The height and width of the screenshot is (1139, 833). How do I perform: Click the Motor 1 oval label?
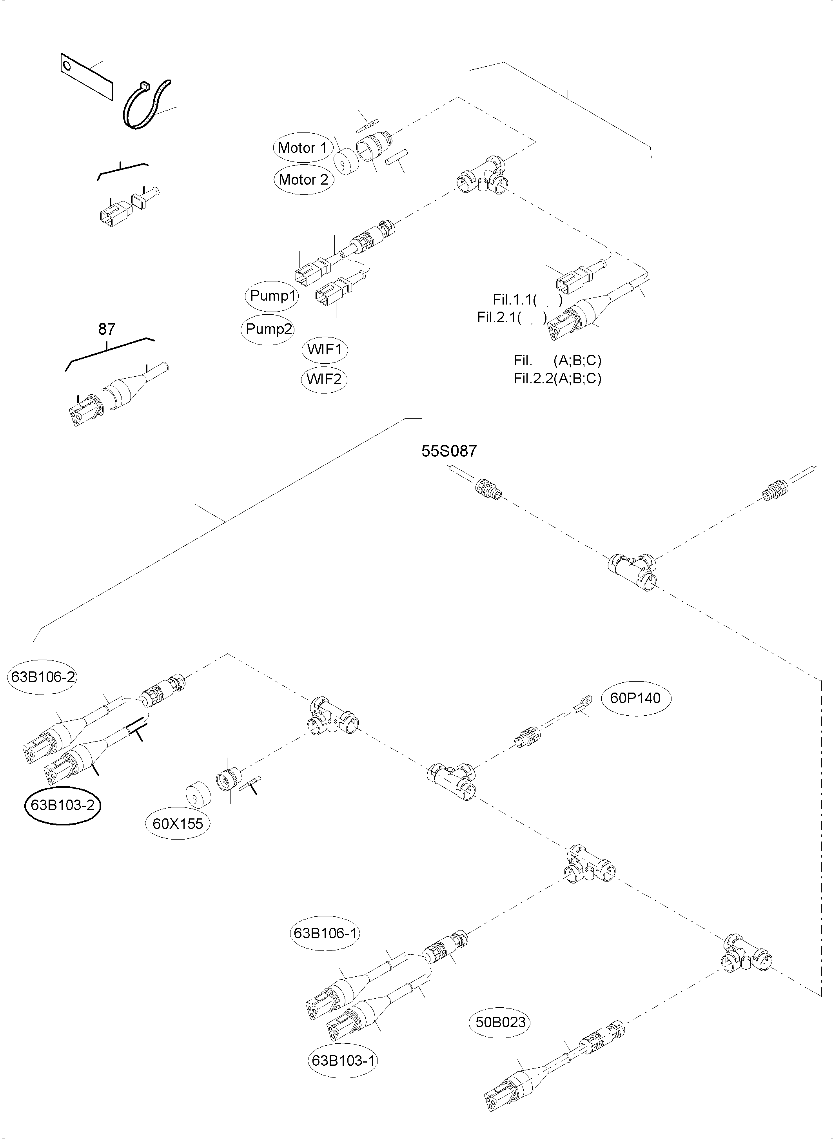[303, 148]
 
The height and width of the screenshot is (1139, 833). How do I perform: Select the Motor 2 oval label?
[303, 180]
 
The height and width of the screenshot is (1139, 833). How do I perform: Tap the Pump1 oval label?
[272, 296]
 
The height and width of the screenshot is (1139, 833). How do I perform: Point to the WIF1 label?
[324, 349]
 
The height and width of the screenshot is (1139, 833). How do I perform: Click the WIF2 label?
[324, 379]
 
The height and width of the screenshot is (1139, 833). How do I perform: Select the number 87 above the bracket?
[106, 329]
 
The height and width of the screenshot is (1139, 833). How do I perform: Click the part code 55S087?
[449, 451]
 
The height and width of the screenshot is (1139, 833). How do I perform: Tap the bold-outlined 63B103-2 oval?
[63, 805]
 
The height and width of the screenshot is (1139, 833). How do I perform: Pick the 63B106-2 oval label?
[43, 677]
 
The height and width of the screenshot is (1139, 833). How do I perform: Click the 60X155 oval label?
[178, 824]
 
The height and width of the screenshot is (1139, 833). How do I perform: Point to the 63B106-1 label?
[325, 933]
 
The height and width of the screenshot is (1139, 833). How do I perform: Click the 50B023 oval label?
[501, 1022]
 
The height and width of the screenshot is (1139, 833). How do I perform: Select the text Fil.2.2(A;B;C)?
[557, 378]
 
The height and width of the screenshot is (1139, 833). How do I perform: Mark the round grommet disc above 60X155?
[197, 796]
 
